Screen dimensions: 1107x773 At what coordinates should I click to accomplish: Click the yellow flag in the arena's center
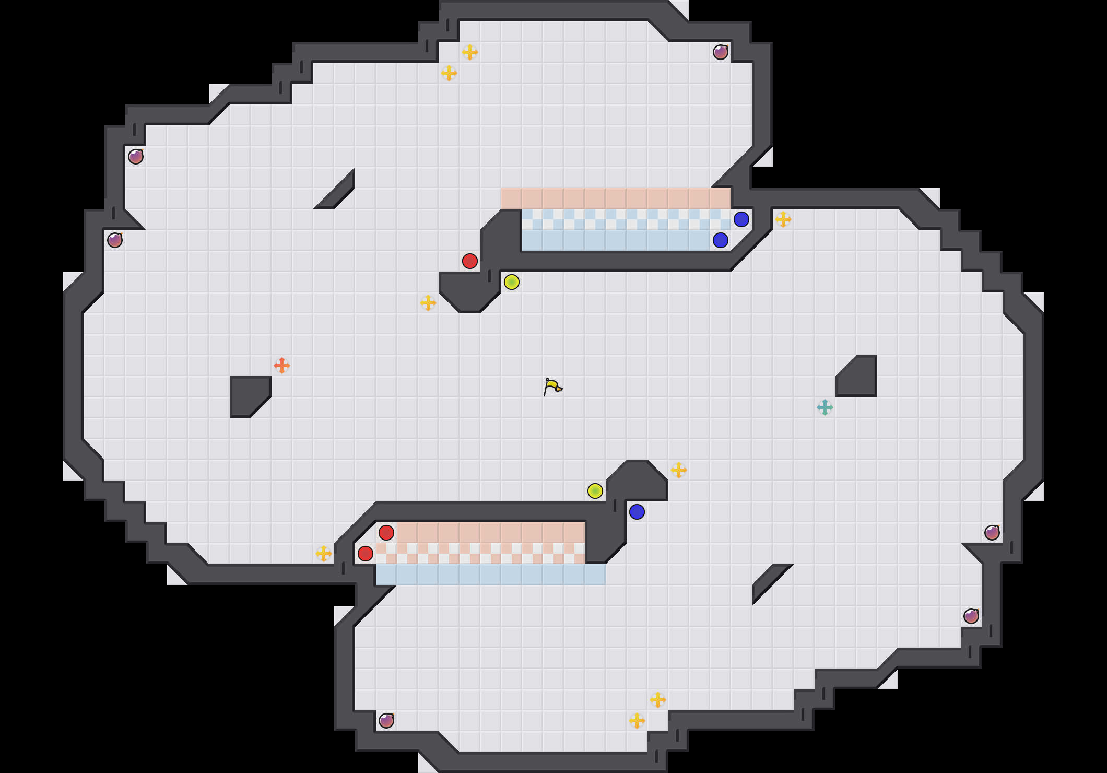(552, 387)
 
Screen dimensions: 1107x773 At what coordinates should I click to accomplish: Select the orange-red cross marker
(282, 366)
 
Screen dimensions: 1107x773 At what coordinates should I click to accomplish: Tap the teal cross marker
(825, 407)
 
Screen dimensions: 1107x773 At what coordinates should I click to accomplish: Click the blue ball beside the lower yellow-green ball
(637, 512)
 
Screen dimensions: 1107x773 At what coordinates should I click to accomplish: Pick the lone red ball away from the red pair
(470, 261)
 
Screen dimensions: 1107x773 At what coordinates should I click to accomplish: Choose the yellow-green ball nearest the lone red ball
(512, 282)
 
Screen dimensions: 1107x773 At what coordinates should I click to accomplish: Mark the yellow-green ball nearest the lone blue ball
(595, 491)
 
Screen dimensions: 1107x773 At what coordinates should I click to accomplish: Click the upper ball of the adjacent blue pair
(741, 219)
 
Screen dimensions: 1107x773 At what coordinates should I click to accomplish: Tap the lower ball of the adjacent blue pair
(721, 240)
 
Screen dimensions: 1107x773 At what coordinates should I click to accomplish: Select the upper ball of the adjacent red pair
(386, 533)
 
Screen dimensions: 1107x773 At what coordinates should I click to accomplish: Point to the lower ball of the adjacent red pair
(366, 554)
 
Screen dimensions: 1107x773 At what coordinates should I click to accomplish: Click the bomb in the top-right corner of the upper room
(721, 52)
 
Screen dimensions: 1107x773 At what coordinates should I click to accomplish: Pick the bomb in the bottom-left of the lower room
(386, 721)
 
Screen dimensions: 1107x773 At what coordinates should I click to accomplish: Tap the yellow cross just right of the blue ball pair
(783, 219)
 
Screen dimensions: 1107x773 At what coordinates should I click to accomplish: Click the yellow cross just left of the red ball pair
(324, 554)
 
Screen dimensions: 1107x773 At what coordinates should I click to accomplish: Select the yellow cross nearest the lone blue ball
(679, 470)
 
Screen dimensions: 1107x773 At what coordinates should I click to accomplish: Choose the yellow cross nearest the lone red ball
(428, 303)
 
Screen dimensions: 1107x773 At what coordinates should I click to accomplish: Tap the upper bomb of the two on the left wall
(136, 157)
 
